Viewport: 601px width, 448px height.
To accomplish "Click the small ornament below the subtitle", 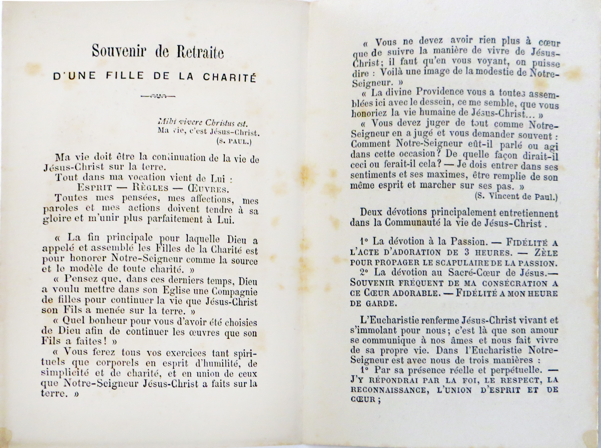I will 158,95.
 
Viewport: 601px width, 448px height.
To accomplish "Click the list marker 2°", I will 365,273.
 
